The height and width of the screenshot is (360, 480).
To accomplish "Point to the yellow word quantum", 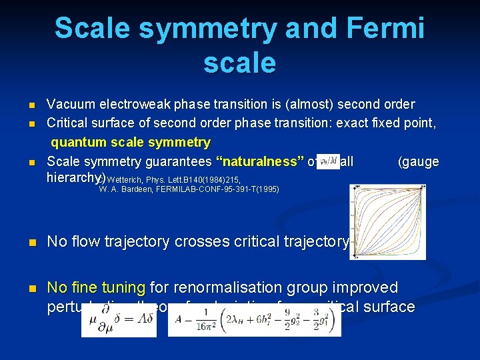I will [79, 142].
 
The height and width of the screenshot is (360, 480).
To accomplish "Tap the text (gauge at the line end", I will [418, 161].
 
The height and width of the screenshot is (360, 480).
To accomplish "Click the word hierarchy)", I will [76, 177].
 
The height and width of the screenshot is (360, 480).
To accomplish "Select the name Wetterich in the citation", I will [123, 180].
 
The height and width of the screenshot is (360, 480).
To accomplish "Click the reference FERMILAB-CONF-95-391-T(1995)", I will [217, 190].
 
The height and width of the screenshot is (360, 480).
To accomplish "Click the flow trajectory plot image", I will [387, 222].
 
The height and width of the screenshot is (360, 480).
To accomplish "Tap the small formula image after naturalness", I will [329, 161].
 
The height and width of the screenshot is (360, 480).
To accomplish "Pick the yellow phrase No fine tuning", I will [96, 288].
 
